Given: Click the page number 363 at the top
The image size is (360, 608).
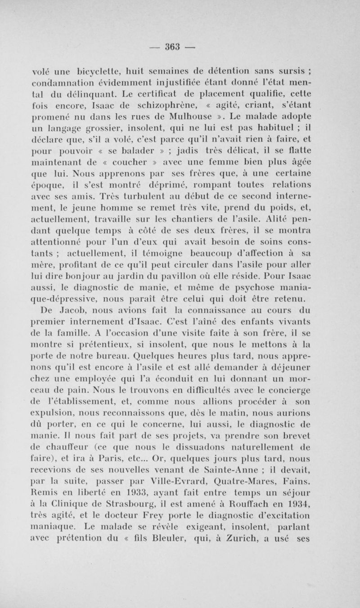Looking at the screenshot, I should tap(180, 47).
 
